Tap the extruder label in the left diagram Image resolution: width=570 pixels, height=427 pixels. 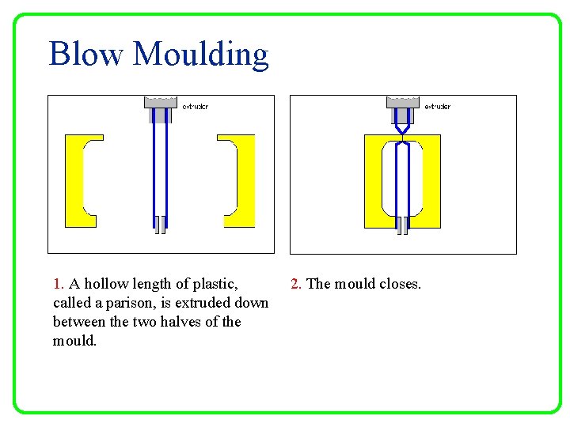coord(195,106)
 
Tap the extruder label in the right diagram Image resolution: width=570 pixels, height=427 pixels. coord(437,106)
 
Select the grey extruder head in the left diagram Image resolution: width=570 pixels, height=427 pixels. coord(160,103)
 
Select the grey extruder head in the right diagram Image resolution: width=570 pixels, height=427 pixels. coord(402,103)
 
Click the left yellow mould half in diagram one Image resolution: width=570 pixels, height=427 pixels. coord(74,180)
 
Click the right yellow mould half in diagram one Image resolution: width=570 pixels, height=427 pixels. coord(245,180)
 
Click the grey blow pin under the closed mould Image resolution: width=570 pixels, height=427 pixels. coord(402,226)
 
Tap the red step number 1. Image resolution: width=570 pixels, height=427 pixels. coord(58,284)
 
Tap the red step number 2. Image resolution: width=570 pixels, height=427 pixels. coord(295,284)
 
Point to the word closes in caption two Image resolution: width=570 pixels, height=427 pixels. coord(400,284)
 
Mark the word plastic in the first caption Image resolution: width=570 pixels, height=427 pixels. coord(213,284)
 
